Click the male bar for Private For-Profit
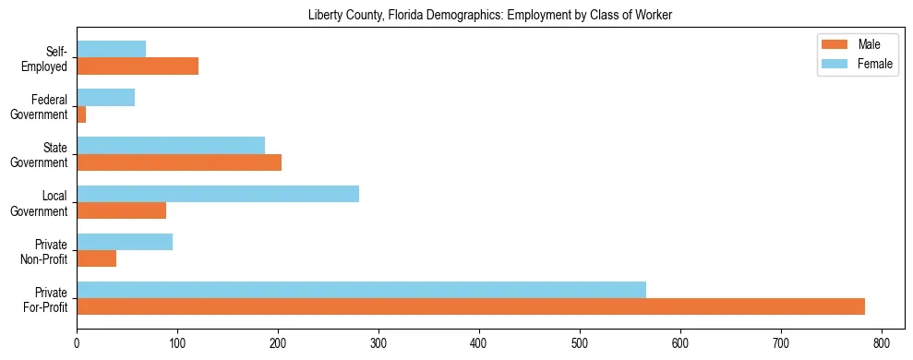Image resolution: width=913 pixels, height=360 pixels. point(471,306)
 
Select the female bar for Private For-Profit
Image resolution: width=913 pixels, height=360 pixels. point(361,290)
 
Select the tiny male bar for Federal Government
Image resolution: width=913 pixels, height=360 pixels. point(81,114)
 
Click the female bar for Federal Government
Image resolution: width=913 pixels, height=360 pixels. point(105,98)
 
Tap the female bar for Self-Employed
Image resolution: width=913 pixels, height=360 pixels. point(111,50)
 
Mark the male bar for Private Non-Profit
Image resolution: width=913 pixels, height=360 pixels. point(96,258)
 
